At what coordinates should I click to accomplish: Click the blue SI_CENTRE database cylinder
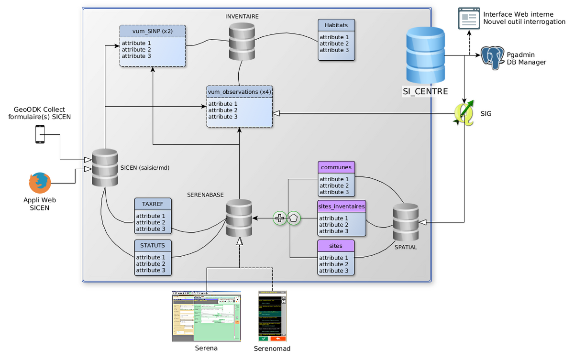coord(425,55)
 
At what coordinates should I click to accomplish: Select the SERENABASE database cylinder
coord(239,218)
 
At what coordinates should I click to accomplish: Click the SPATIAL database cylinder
coord(405,222)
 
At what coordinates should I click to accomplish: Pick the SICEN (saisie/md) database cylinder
coord(104,168)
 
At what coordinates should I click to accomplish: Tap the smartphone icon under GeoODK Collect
coord(40,134)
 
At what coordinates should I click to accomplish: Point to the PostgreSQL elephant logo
coord(492,58)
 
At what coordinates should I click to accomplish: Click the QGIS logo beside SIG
coord(464,113)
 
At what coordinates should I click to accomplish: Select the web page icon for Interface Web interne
coord(469,19)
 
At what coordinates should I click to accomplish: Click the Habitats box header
coord(336,25)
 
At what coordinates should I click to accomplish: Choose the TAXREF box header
coord(153,204)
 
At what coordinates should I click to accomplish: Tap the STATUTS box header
coord(153,245)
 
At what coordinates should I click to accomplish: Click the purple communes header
coord(336,167)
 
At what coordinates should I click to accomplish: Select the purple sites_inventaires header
coord(342,207)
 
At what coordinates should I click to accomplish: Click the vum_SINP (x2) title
coord(153,32)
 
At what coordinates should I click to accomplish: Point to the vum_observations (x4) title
coord(240,91)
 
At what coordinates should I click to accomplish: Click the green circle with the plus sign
coord(280,218)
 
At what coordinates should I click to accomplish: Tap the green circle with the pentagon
coord(293,218)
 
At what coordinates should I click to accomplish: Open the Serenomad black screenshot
coord(272,316)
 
